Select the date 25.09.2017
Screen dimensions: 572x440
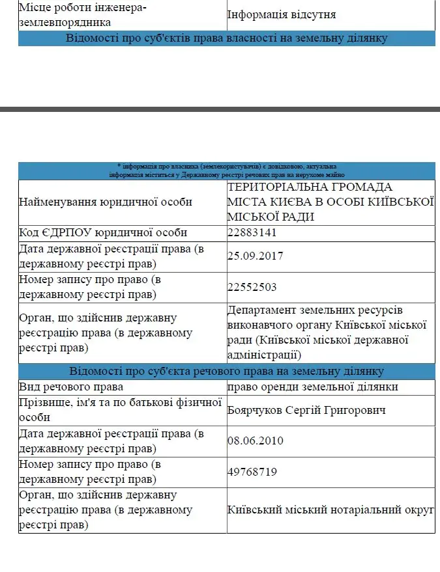click(x=255, y=256)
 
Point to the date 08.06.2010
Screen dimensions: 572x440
click(x=255, y=441)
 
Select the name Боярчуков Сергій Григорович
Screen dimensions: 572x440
click(x=306, y=410)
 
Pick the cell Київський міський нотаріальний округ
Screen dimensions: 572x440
click(x=330, y=510)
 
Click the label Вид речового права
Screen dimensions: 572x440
click(x=72, y=387)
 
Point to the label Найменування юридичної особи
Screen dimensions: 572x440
click(x=106, y=202)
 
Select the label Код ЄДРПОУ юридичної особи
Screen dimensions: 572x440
click(x=103, y=233)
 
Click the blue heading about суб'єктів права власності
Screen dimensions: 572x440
click(x=226, y=38)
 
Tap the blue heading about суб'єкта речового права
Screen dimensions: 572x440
click(x=226, y=371)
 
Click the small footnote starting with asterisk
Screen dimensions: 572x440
click(x=227, y=170)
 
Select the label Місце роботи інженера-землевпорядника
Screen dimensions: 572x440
click(x=83, y=14)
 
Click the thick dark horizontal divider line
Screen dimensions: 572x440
click(x=220, y=109)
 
